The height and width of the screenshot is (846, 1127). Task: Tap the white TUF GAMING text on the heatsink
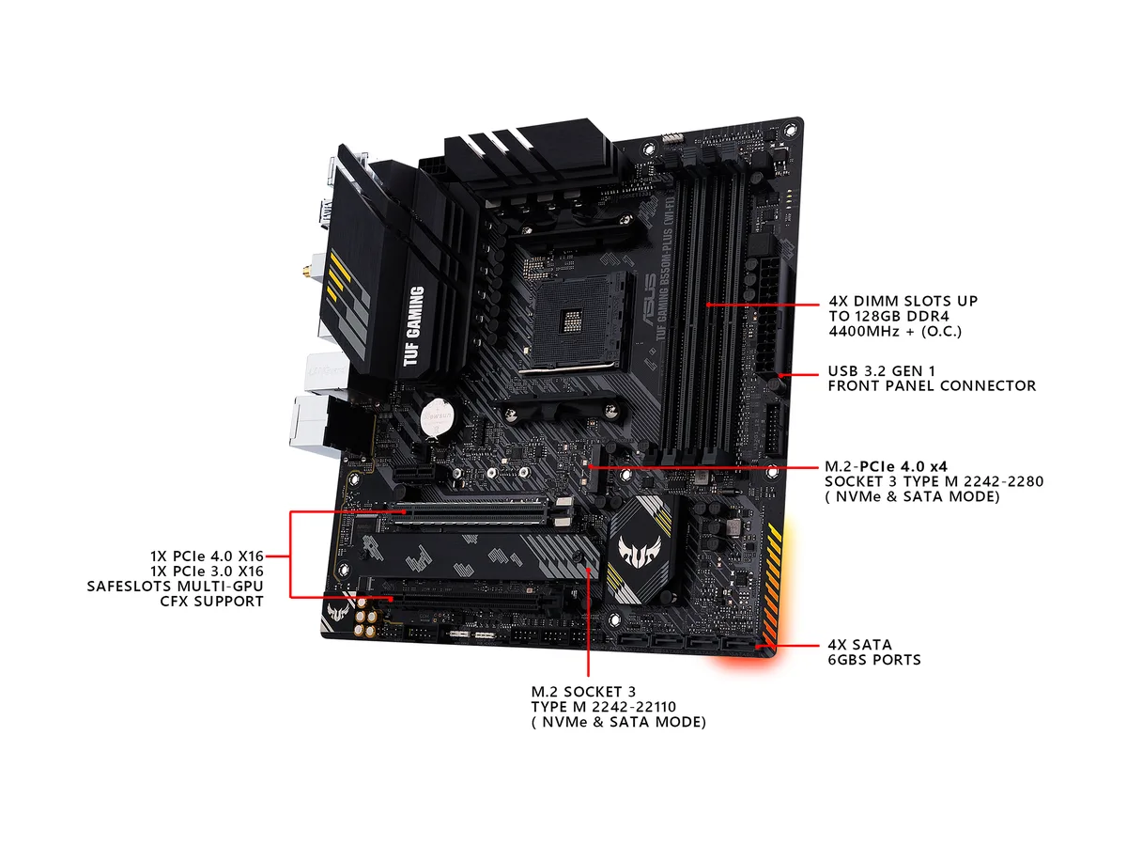point(413,325)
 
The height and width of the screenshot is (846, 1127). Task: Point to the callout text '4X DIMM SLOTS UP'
point(903,301)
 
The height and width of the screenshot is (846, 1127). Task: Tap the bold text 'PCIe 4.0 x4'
point(903,466)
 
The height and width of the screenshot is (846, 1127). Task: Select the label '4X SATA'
point(859,645)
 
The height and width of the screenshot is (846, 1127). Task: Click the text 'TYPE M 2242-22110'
point(603,707)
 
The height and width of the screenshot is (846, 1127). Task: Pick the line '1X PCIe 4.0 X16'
point(207,556)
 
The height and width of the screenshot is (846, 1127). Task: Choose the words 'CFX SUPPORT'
point(211,601)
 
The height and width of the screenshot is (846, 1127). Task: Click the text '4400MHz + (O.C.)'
point(895,331)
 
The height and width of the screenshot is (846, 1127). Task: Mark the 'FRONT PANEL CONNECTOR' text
point(932,385)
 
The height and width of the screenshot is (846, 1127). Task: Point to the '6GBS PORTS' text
point(874,660)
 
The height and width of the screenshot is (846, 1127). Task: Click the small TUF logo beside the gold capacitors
point(339,611)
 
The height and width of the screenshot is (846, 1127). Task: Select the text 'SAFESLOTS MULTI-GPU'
point(175,586)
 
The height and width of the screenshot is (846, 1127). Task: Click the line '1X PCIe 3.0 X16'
point(207,572)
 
